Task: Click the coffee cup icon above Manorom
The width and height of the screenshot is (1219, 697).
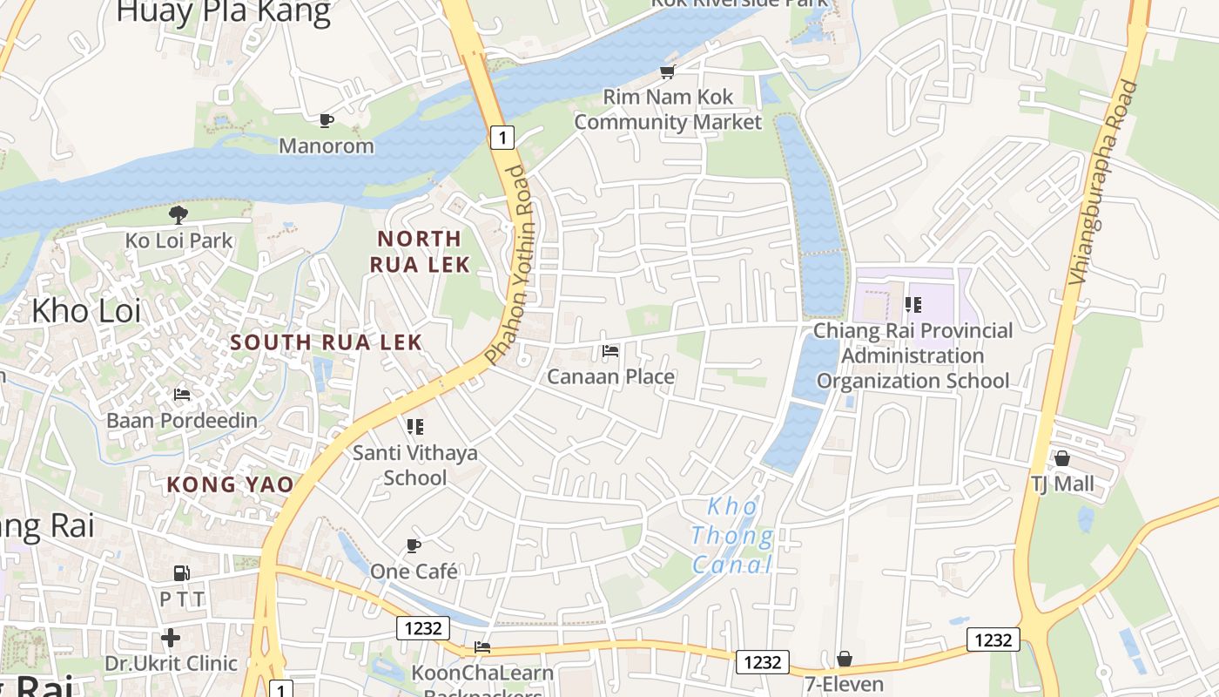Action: [x=327, y=120]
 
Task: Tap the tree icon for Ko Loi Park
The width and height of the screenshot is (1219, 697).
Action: [x=178, y=214]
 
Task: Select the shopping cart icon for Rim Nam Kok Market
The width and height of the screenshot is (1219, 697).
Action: [x=668, y=71]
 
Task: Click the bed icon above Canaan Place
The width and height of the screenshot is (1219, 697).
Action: [x=610, y=351]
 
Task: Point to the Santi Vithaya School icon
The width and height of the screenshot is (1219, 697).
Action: [x=415, y=427]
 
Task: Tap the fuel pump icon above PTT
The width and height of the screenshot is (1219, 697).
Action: [x=182, y=573]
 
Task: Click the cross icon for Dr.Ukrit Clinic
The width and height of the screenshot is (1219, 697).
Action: [x=171, y=638]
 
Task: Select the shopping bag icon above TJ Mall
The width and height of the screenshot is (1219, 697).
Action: [x=1062, y=458]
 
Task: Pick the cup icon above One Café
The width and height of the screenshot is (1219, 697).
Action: [x=414, y=546]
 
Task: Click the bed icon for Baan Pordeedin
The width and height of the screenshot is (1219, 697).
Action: [x=182, y=395]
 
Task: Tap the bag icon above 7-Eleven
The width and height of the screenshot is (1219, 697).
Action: [x=845, y=659]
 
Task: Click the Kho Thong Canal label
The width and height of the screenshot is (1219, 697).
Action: [x=732, y=535]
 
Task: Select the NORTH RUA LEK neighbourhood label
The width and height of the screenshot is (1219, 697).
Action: [x=420, y=251]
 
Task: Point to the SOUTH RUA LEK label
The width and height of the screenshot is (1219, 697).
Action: [x=327, y=342]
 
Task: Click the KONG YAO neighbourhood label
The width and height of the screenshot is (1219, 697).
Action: [x=230, y=484]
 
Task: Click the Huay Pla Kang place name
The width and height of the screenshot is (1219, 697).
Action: [x=224, y=12]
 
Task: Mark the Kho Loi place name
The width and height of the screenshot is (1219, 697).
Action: [x=86, y=310]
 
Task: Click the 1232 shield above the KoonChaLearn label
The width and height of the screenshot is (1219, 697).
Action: [x=423, y=627]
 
